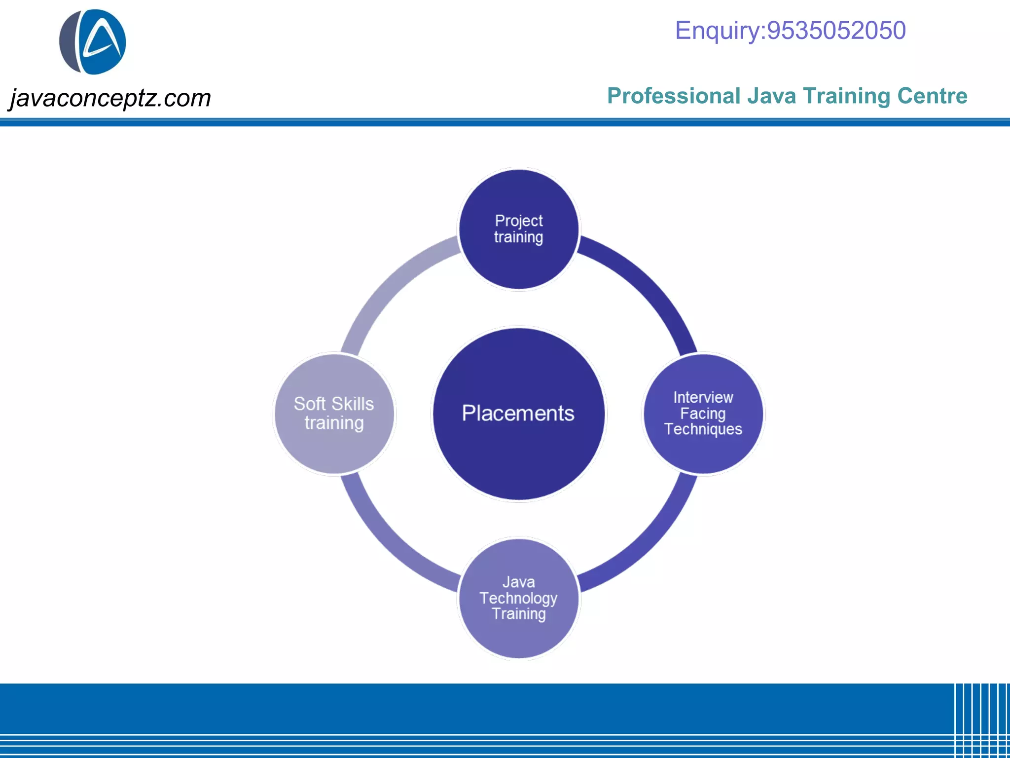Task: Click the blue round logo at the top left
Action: point(93,42)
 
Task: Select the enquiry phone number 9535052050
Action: point(836,31)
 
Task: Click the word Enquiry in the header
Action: point(717,31)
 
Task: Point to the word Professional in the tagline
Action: point(674,96)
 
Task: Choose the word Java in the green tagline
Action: point(771,96)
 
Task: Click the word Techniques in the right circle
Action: point(703,429)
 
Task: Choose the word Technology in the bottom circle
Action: point(518,598)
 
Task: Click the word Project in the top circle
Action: point(519,221)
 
